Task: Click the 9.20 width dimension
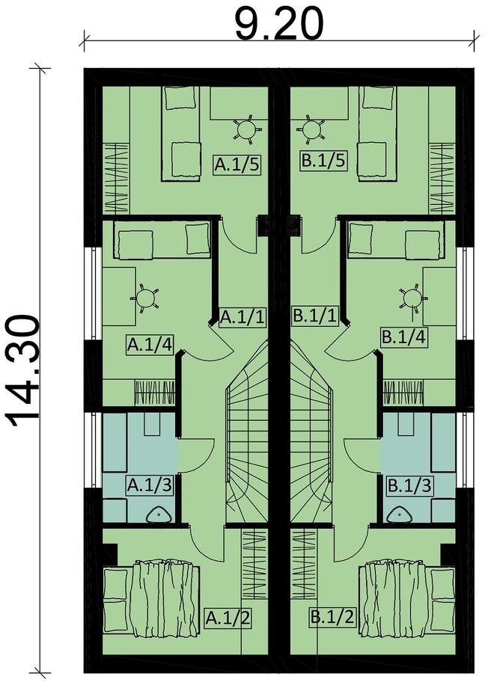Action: click(278, 25)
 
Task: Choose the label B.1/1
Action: click(315, 318)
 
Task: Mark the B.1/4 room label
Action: click(404, 337)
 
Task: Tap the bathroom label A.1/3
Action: click(150, 485)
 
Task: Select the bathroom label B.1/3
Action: click(407, 485)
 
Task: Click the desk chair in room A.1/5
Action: click(246, 131)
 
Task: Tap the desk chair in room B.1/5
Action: click(311, 131)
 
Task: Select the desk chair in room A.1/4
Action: click(146, 298)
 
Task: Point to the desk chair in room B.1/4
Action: click(411, 298)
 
